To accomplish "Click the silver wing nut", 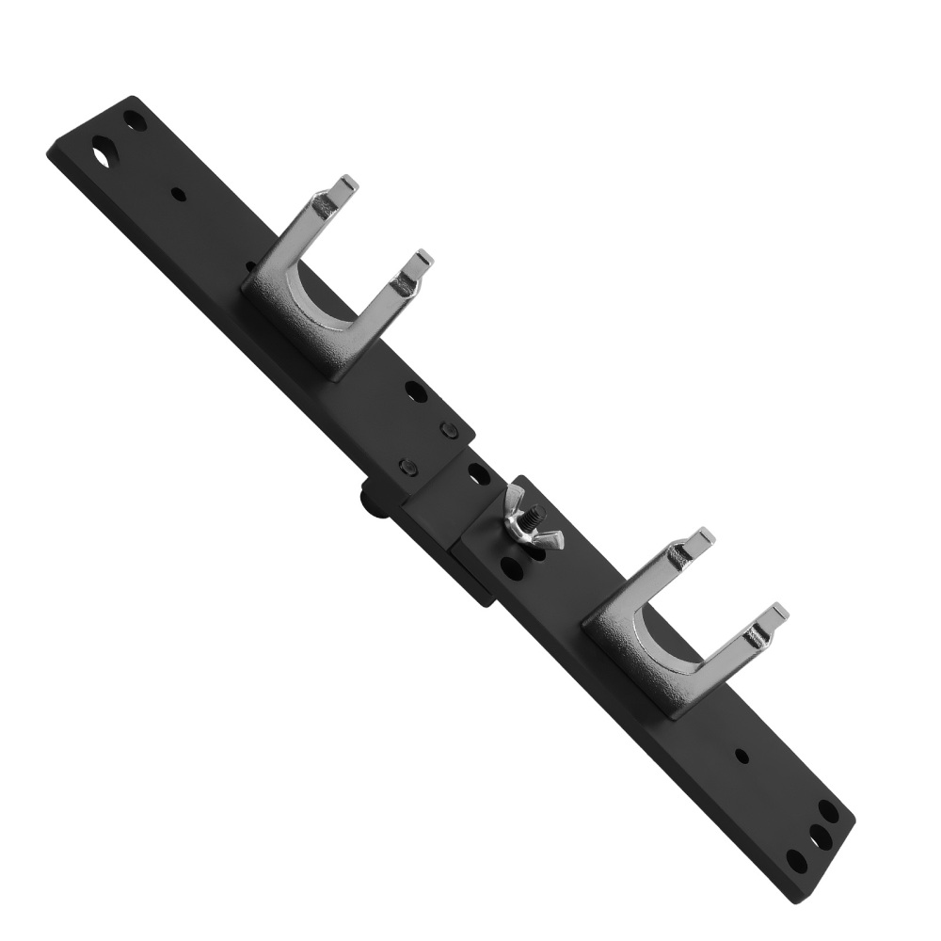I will (x=530, y=520).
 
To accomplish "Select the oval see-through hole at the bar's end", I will (x=103, y=150).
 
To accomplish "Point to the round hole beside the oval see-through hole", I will (x=136, y=120).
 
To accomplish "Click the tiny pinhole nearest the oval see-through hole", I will (x=178, y=196).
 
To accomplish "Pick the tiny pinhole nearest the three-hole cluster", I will (x=742, y=756).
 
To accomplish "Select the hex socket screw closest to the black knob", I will (x=407, y=466).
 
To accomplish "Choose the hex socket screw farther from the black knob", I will (x=449, y=431).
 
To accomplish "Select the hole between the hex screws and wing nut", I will (x=479, y=476).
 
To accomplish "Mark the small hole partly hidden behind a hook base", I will (x=251, y=266).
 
